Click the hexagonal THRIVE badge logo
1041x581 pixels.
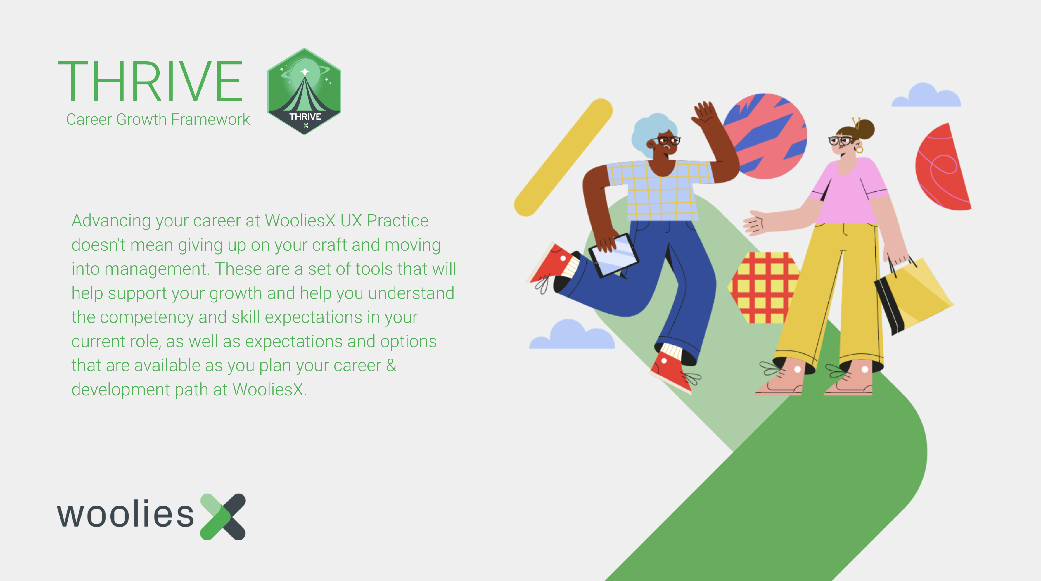304,91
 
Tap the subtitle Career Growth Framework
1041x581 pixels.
158,120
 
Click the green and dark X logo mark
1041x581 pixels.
223,517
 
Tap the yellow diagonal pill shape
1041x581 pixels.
563,158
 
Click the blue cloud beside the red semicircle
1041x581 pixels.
926,95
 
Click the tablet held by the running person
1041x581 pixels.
613,255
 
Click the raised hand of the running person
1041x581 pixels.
705,113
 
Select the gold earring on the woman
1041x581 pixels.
860,150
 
